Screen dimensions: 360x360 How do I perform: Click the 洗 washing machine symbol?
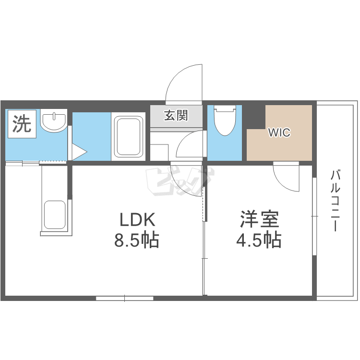tap(21, 125)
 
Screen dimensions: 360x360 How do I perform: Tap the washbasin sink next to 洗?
tap(54, 122)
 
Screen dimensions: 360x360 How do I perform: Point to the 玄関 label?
tap(176, 116)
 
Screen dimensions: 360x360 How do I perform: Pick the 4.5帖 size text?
tap(259, 240)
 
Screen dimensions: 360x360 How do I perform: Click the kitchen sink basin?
tap(54, 215)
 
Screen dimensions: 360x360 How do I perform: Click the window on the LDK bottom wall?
tap(124, 298)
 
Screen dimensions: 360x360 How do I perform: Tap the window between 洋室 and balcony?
tap(314, 216)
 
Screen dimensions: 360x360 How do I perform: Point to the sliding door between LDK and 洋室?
tap(204, 240)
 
